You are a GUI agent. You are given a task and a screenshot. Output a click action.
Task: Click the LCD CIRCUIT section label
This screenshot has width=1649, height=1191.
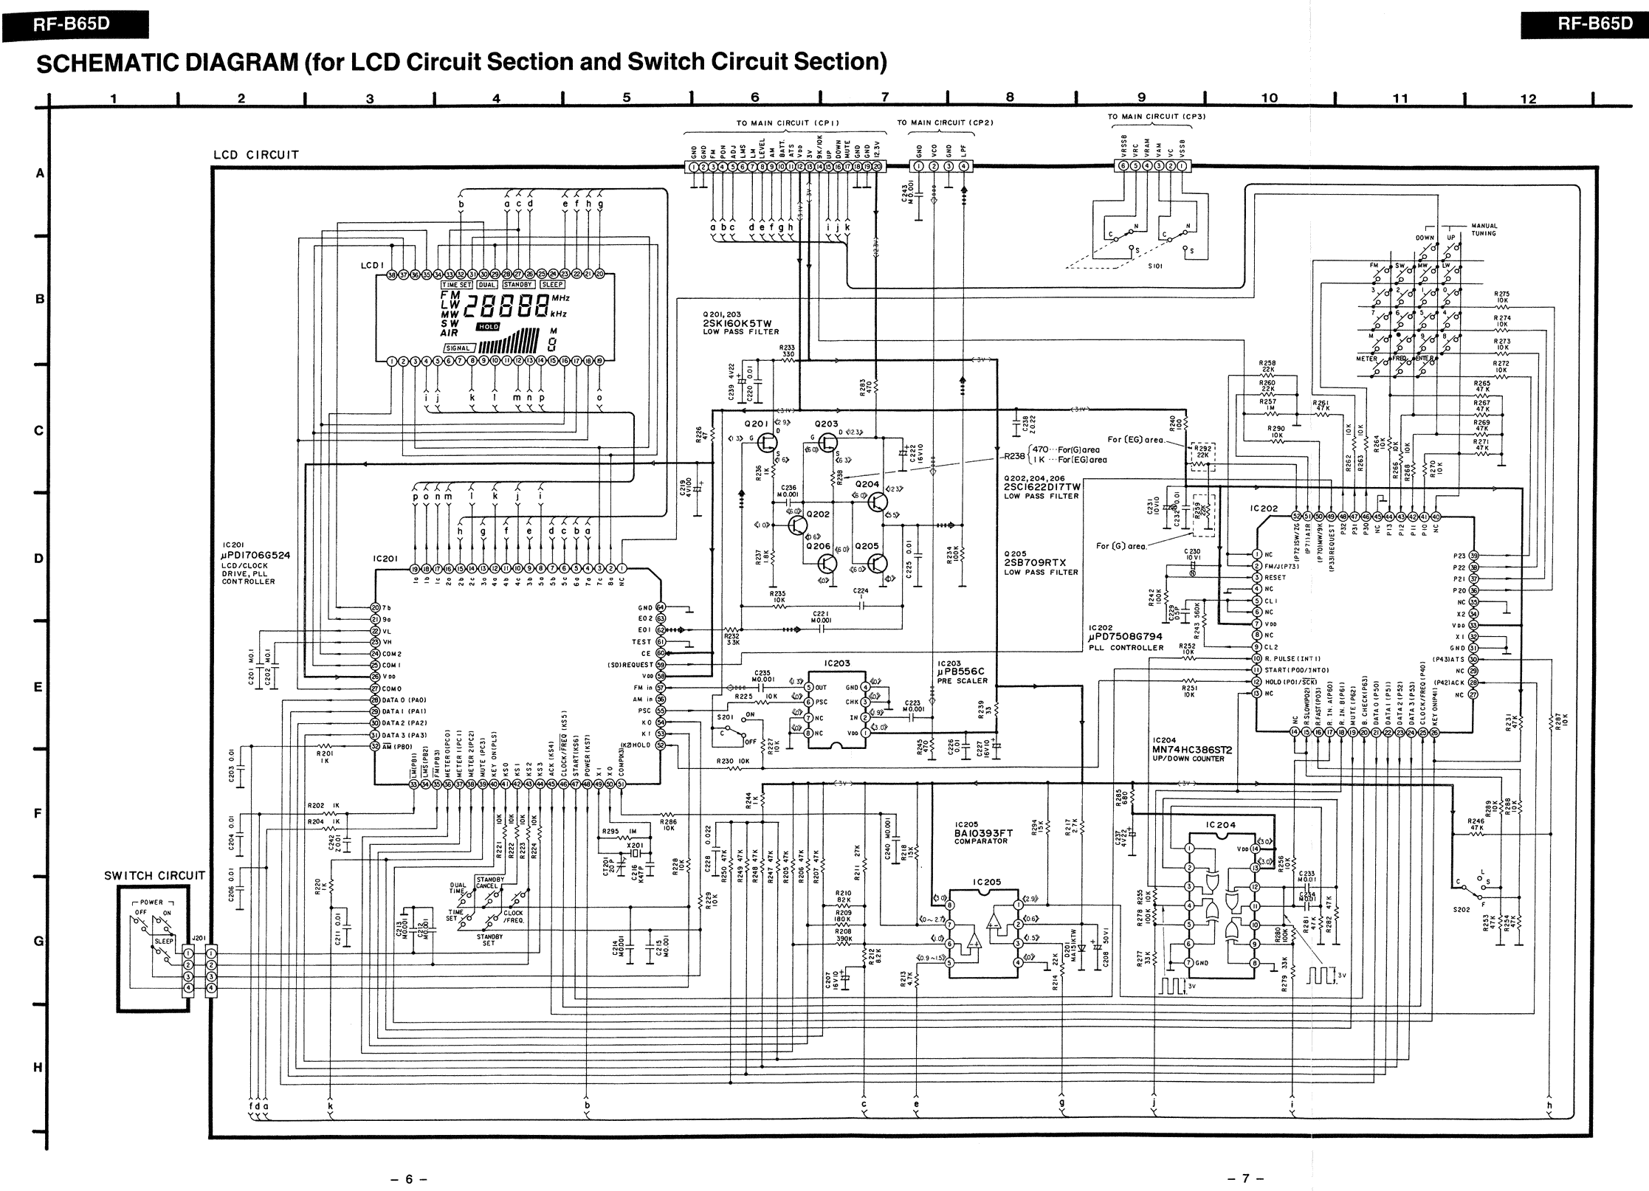pos(256,155)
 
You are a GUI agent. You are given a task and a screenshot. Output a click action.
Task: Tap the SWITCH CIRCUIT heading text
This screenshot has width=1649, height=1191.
pos(154,876)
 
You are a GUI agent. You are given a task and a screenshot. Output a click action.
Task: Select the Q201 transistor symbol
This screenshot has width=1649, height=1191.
pos(768,443)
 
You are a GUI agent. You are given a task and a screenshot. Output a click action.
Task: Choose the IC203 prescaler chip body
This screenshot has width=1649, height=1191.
pos(836,709)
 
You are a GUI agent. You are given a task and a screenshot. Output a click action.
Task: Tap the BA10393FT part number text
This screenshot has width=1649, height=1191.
pos(982,833)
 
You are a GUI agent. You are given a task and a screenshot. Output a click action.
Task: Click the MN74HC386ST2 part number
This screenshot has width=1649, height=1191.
pos(1192,750)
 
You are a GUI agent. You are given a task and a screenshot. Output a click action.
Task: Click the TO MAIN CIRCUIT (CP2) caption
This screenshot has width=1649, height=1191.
pos(945,122)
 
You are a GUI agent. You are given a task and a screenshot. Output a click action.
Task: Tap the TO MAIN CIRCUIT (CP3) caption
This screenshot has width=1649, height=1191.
pos(1157,117)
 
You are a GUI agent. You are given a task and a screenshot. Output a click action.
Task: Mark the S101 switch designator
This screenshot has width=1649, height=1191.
pos(1155,266)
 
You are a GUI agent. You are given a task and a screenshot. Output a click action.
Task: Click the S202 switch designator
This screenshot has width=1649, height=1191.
pos(1462,910)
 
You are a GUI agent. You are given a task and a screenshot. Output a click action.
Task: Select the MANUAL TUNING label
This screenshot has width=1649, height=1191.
pos(1484,229)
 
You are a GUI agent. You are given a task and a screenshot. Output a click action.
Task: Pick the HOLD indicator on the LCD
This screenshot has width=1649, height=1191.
pos(488,326)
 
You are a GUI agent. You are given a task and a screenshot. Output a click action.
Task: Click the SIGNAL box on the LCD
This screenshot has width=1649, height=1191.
pos(458,348)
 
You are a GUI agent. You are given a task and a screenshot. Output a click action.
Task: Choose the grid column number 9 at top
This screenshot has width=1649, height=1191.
pos(1141,97)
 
